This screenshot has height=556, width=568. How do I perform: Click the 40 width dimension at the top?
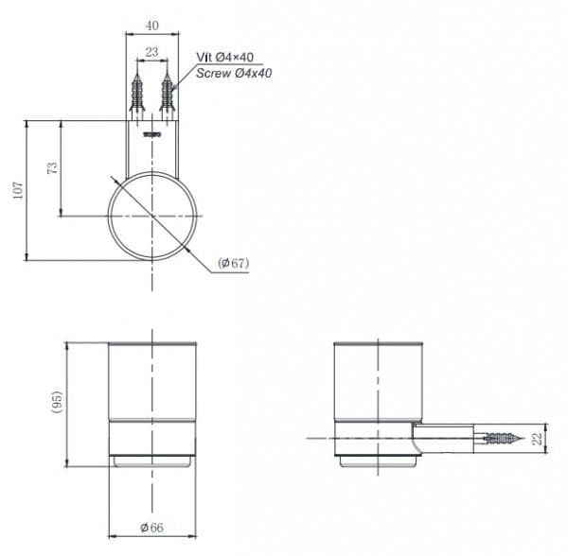[x=152, y=26]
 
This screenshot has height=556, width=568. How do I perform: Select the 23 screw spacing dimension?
[x=151, y=52]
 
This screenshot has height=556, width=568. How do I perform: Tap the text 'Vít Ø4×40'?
[x=225, y=57]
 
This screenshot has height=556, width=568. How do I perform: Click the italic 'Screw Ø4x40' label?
[x=234, y=73]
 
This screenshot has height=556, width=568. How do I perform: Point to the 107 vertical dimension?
[x=18, y=190]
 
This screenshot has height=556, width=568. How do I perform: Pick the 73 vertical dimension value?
[x=52, y=168]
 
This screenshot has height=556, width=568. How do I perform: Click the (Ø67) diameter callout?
[x=234, y=263]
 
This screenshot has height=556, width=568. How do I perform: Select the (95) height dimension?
[x=57, y=402]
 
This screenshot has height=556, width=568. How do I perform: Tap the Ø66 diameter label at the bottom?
[x=151, y=528]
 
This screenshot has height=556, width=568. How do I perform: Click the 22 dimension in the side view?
[x=537, y=439]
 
